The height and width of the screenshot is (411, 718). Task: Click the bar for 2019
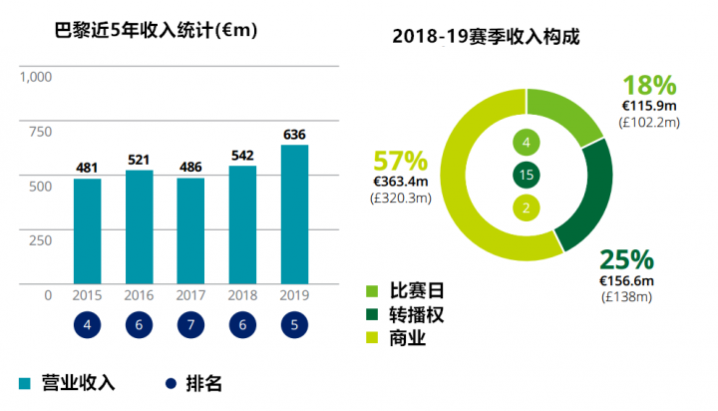[x=294, y=214]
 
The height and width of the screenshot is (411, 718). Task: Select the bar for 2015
[x=87, y=231]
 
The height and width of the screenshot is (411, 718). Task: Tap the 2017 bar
[x=190, y=231]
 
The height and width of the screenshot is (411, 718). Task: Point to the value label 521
[x=139, y=160]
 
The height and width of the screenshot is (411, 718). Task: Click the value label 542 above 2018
[x=242, y=156]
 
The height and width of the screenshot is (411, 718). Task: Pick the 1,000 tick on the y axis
[x=37, y=76]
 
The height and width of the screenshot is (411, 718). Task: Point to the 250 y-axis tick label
[x=41, y=239]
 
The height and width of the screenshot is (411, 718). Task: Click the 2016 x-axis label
[x=139, y=295]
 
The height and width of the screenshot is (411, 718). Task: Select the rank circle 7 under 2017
[x=190, y=326]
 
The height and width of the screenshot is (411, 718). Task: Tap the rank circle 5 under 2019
[x=294, y=326]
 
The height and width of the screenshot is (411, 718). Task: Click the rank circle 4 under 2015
[x=87, y=326]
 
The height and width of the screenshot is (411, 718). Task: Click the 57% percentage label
[x=400, y=160]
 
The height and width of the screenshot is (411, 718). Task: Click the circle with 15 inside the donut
[x=527, y=176]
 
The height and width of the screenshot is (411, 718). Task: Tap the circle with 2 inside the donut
[x=527, y=207]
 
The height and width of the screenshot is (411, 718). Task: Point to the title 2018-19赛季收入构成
[x=487, y=36]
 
